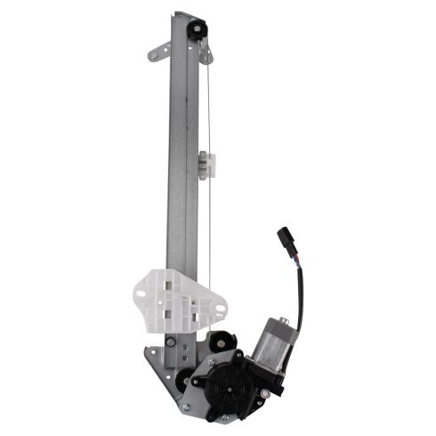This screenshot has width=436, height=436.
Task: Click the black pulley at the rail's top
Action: (195, 28)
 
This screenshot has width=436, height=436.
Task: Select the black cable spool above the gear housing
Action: (220, 342)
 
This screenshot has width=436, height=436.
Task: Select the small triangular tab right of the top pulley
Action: (207, 55)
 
